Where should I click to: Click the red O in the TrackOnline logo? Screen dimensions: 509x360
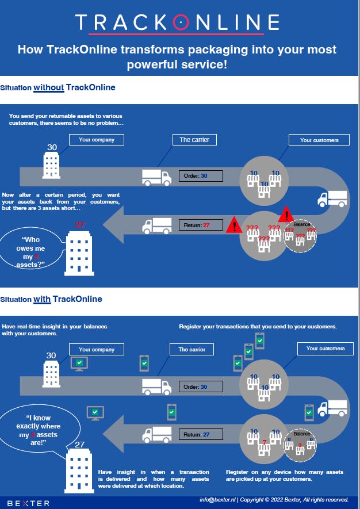181,22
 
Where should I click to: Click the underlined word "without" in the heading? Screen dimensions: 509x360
48,87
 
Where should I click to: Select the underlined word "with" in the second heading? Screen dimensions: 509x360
42,299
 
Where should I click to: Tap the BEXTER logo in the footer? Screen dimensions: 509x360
29,503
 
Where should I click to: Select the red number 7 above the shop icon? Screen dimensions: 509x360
264,442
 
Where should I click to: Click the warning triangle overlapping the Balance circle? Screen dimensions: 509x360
286,216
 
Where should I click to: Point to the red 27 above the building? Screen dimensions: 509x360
80,225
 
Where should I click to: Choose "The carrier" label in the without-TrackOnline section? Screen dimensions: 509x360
194,140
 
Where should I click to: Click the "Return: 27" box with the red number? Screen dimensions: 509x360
201,225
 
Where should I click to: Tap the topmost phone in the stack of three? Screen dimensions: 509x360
260,341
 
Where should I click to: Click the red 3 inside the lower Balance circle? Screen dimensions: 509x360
300,445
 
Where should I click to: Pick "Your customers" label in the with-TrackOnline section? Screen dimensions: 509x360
325,349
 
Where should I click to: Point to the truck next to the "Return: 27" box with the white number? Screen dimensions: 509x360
157,434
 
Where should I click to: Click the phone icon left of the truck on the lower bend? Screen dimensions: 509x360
309,411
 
